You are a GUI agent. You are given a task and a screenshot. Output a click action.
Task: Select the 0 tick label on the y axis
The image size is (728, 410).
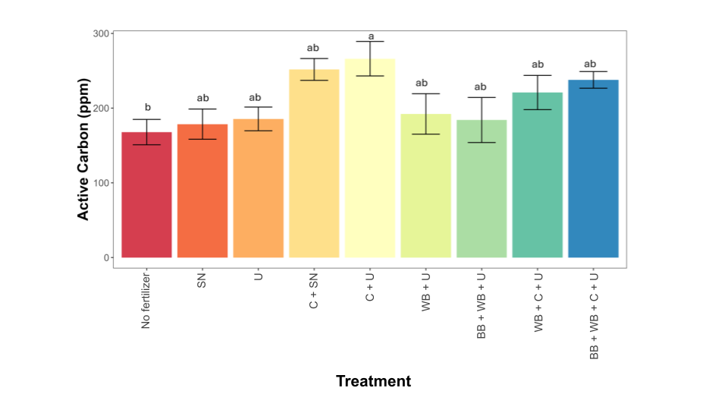coord(105,257)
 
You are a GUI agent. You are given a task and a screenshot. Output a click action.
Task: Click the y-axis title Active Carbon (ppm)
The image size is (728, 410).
coord(83,149)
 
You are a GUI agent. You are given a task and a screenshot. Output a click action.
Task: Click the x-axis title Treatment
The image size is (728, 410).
coord(373,381)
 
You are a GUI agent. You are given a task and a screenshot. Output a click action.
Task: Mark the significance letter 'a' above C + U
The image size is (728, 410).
coord(370,36)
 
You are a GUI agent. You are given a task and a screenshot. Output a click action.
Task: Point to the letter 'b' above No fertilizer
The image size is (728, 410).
coord(147,107)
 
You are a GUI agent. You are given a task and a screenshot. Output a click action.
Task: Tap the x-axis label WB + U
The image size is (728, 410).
coord(426,292)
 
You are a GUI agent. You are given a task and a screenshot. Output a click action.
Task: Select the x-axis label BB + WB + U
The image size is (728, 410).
coord(482,304)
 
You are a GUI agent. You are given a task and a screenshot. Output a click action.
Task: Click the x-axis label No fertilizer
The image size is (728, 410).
coord(146,300)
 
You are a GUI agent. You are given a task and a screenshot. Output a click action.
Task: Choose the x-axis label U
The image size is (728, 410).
coord(259,277)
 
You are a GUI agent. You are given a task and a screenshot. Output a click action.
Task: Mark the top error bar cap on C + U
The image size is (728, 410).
coord(370,42)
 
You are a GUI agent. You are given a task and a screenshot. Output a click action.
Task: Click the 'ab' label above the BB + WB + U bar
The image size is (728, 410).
coord(482,87)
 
